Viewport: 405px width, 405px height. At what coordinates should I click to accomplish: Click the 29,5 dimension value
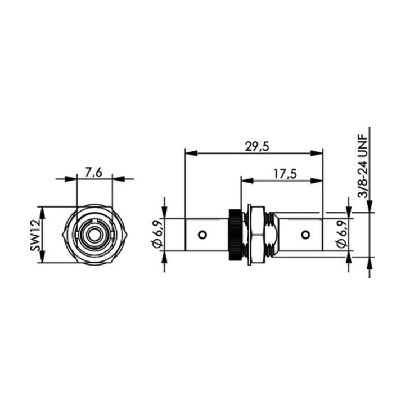[257, 147]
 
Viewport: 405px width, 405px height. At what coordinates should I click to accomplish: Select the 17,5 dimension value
[285, 174]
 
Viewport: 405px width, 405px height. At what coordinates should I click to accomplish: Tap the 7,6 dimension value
[94, 173]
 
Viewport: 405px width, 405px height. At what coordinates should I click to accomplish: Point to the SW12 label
[35, 235]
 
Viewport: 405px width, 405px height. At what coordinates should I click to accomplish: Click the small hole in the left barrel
[202, 235]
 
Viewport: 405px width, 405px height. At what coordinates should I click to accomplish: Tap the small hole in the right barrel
[305, 235]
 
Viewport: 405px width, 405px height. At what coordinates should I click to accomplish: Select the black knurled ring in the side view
[235, 235]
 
